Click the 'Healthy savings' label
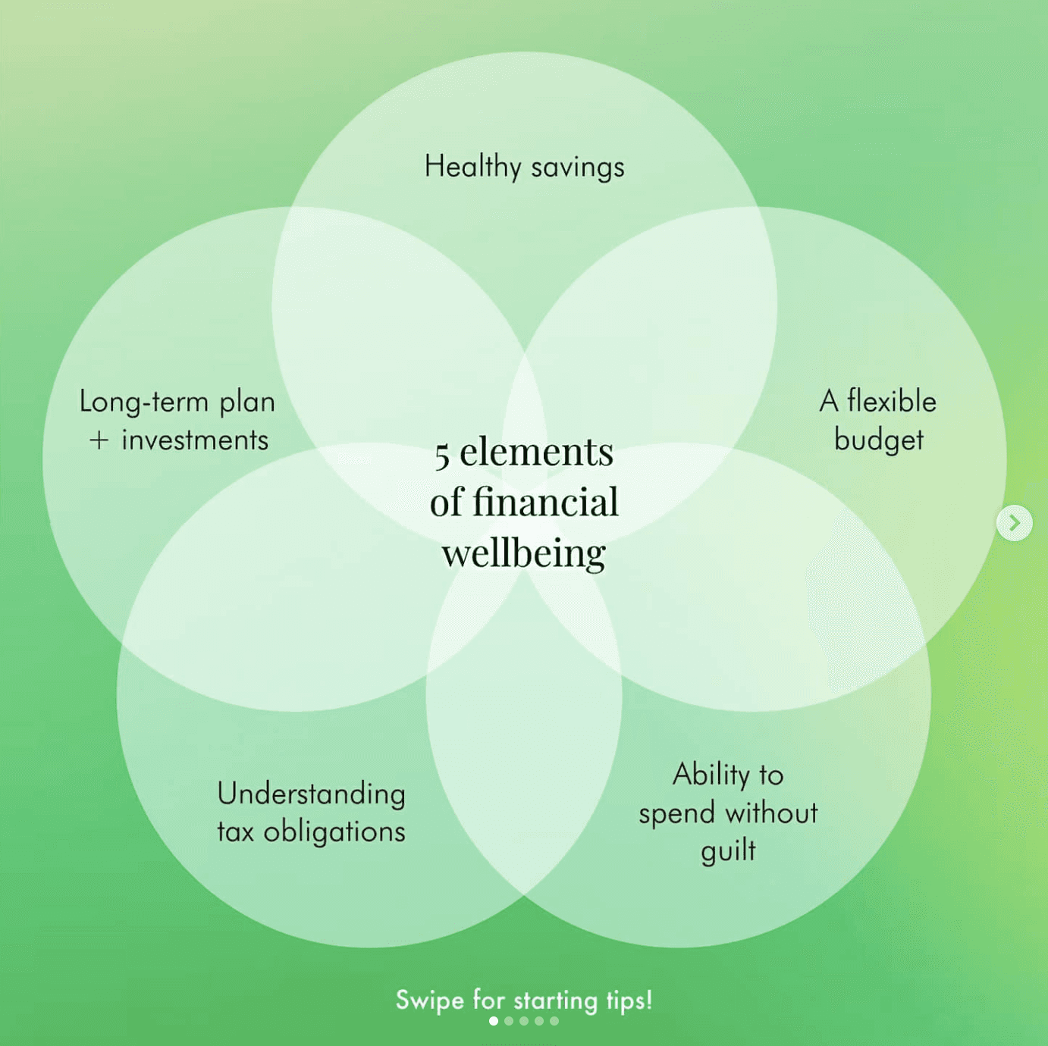point(524,167)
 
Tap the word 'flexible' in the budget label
point(892,401)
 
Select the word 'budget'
point(879,440)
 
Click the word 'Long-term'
point(144,402)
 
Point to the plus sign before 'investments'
point(99,440)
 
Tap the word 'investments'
point(195,440)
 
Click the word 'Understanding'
point(311,794)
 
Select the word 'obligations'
point(334,832)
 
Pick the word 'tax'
point(235,832)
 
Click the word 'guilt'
point(728,851)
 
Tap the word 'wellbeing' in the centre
point(524,553)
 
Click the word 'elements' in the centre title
point(536,453)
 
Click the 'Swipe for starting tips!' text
point(524,1000)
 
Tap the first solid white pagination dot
point(494,1021)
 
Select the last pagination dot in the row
point(554,1021)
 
